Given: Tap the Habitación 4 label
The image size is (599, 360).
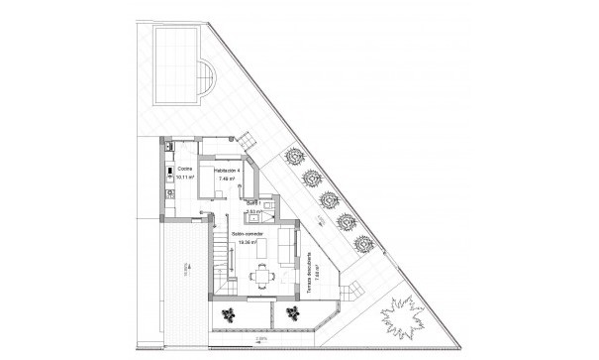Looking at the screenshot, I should (x=227, y=171).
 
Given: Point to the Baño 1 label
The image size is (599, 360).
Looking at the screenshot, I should (x=253, y=203).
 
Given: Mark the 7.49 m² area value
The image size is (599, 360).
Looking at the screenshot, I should (x=227, y=180).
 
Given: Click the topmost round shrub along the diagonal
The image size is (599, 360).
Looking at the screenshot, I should (x=295, y=156).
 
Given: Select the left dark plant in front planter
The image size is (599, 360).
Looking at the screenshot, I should (x=230, y=314).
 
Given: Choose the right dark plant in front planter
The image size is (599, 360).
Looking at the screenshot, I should (x=292, y=314).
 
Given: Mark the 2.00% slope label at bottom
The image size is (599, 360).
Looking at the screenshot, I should (x=260, y=338).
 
